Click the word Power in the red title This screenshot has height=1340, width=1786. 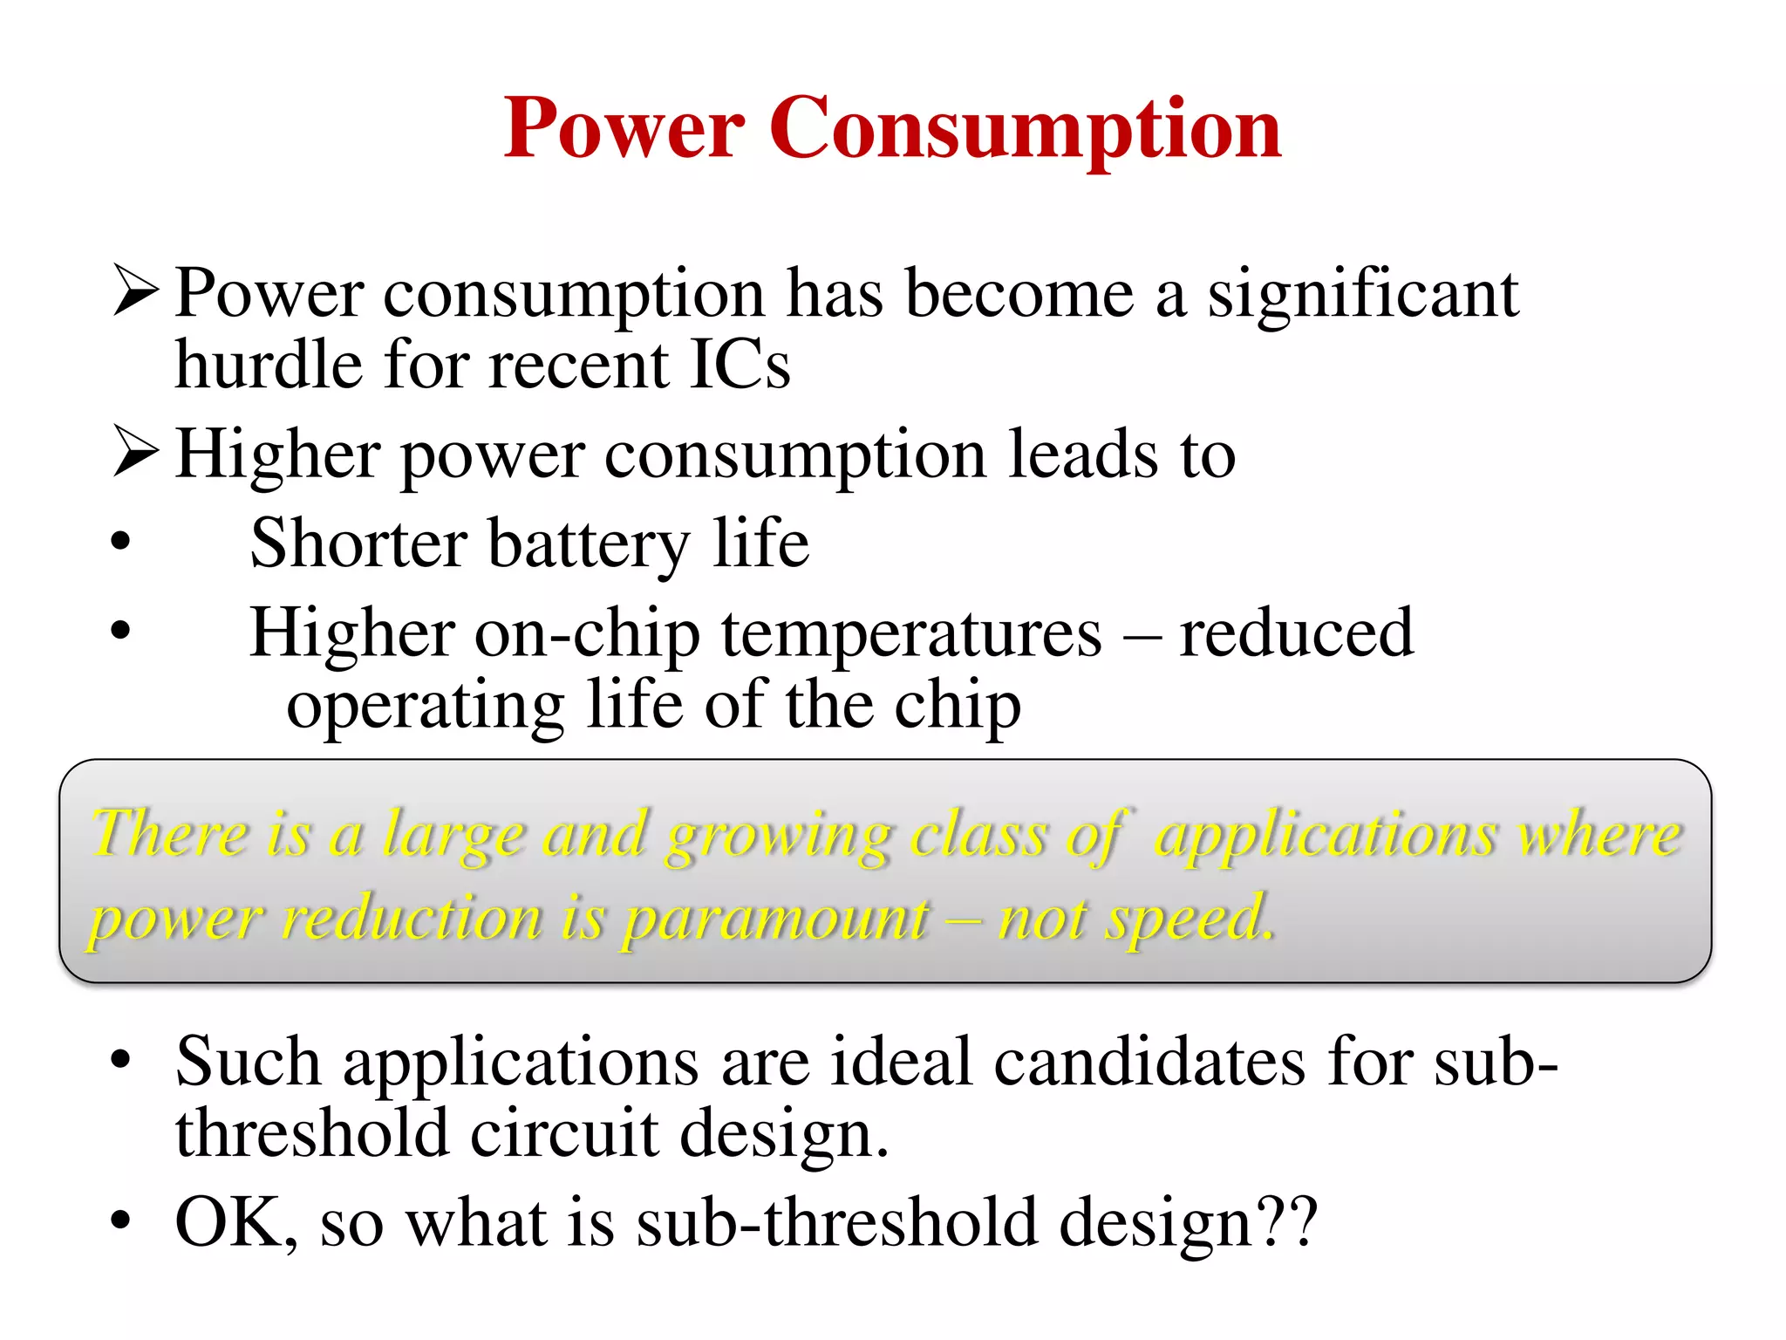[624, 129]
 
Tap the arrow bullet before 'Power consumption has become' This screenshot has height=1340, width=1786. [135, 292]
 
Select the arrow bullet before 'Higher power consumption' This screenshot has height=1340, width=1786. [135, 453]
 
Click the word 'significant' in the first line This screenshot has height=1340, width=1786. [1362, 295]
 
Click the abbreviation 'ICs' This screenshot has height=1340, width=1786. [740, 365]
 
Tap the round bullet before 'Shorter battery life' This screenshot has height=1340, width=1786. [120, 542]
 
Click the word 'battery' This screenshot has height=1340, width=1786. [589, 545]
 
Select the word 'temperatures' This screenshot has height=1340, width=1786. [911, 634]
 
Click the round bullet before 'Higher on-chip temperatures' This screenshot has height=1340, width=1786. [120, 630]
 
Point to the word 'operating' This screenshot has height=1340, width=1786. [426, 707]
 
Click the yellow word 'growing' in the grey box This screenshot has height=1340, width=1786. [778, 836]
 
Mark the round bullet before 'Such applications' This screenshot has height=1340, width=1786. [120, 1060]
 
